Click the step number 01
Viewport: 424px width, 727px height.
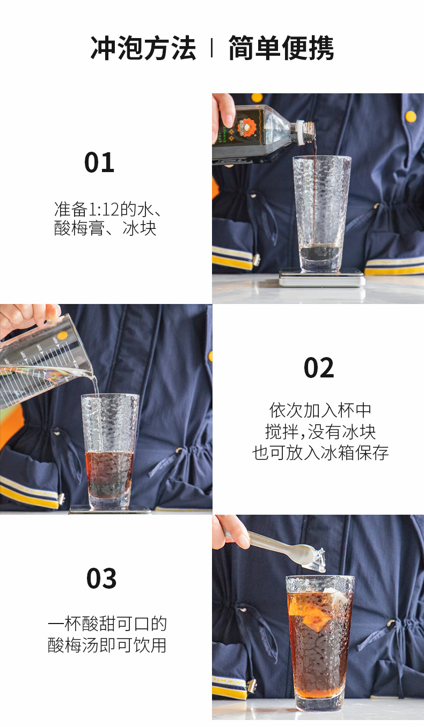(x=99, y=162)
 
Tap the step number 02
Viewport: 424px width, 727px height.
(x=319, y=368)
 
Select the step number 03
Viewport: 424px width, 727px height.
(x=101, y=578)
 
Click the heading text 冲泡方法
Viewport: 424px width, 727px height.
(x=143, y=48)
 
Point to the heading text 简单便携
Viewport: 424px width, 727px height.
(x=281, y=48)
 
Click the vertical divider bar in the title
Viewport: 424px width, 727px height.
(x=212, y=48)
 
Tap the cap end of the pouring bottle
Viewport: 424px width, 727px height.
(x=306, y=132)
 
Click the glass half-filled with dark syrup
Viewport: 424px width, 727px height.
(x=110, y=451)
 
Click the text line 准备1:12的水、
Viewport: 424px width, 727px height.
(x=108, y=209)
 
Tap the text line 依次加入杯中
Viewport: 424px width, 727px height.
(x=320, y=411)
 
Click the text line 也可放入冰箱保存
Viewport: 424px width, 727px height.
(x=320, y=452)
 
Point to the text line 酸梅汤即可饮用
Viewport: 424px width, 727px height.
(x=107, y=645)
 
